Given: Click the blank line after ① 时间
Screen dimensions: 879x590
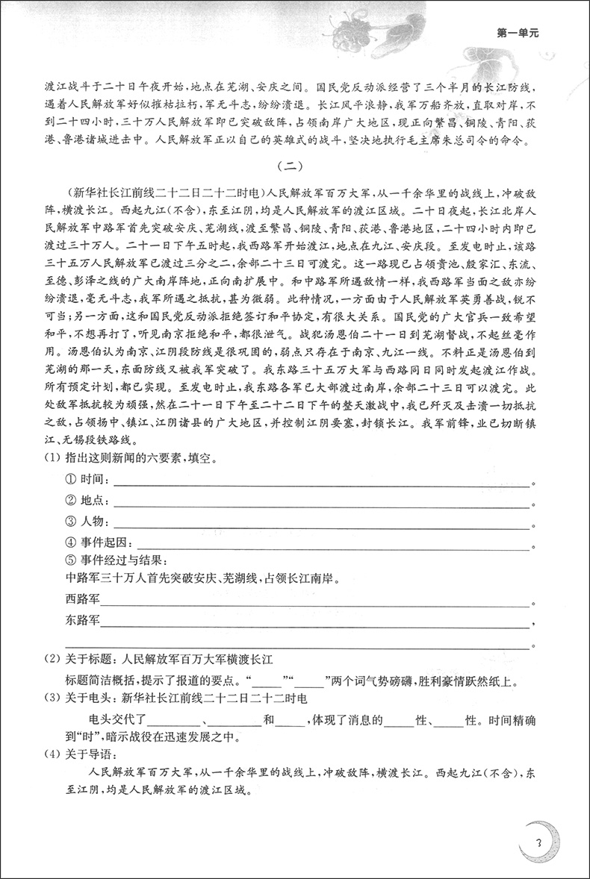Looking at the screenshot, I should point(321,484).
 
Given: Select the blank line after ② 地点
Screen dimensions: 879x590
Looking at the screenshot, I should point(321,506).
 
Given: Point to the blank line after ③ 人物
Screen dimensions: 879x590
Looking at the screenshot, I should point(321,527).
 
